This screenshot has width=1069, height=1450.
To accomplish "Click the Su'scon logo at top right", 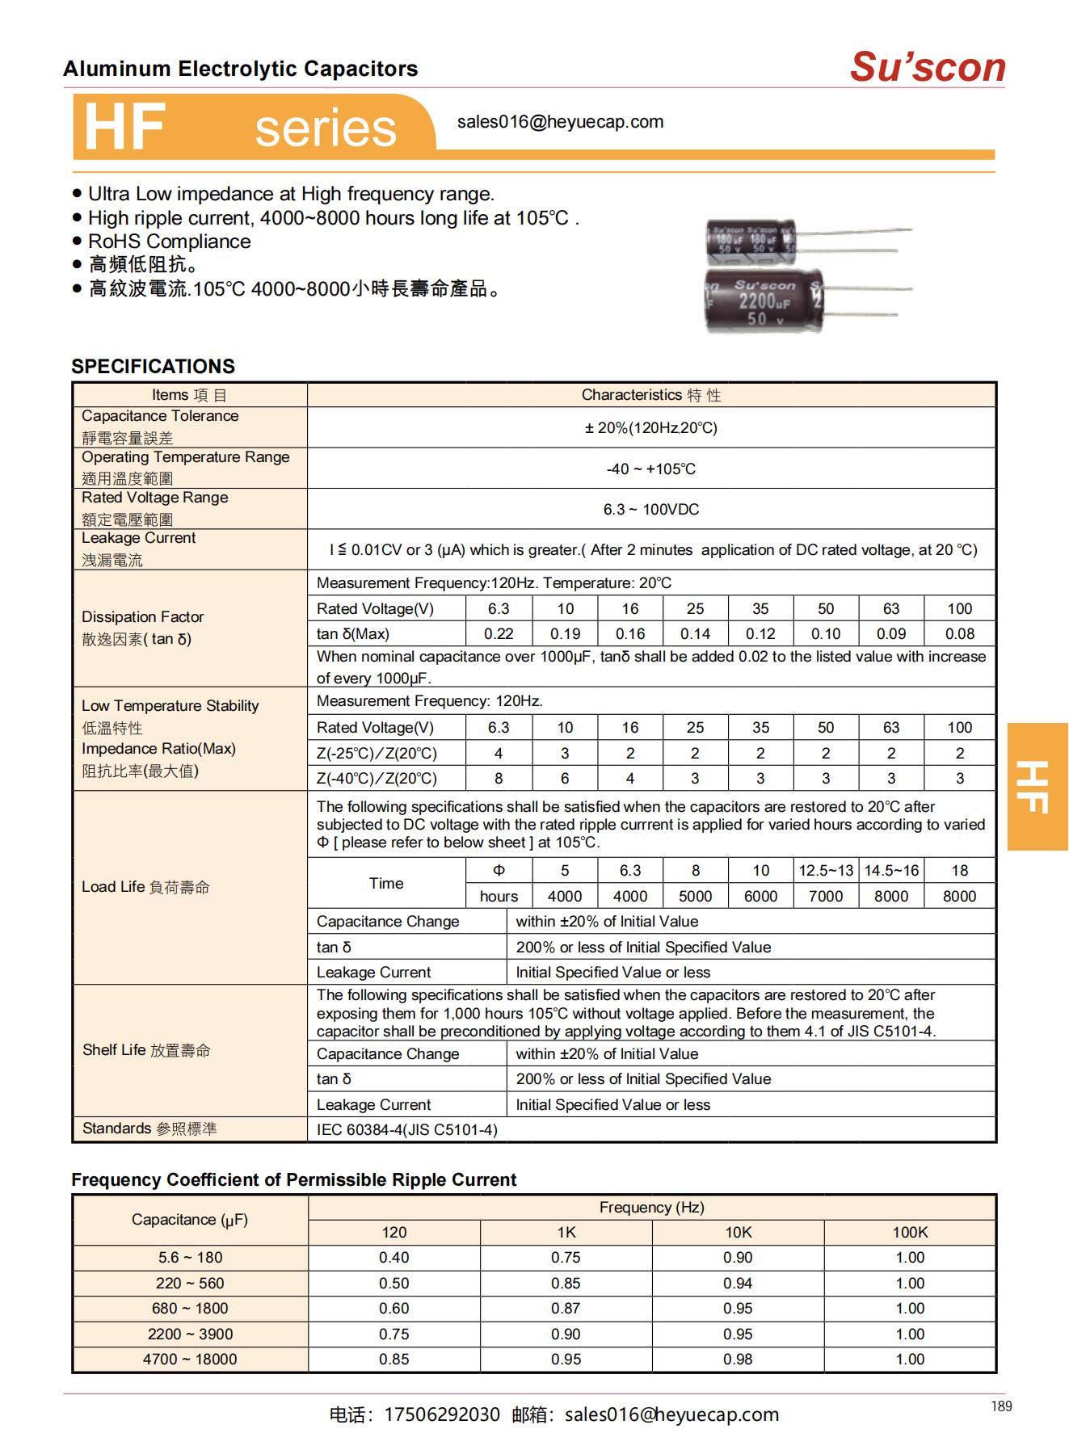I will coord(928,67).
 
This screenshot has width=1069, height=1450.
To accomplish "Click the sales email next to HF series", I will coord(560,122).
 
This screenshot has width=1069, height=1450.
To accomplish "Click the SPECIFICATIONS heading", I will coord(153,366).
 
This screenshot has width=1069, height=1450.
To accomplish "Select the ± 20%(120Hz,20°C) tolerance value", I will coord(650,427).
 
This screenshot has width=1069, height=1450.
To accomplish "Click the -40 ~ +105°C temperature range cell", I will coord(650,469).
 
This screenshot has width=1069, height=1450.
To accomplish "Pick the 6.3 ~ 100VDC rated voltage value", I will coord(650,509).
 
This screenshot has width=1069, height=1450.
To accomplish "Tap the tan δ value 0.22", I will coord(499,634).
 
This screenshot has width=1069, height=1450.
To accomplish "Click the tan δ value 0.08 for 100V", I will coord(959,634).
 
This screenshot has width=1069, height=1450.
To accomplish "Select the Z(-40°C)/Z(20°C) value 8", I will coord(499,779).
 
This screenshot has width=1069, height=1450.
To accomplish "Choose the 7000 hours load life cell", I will coord(825,896).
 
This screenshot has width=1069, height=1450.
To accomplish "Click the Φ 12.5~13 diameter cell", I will coord(825,870).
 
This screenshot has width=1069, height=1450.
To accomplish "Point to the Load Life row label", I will coord(145,887).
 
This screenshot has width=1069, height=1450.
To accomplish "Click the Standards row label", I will coord(149,1128).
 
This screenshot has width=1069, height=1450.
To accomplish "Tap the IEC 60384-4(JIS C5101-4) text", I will coord(406,1129).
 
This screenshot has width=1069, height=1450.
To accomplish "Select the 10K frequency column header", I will coord(738,1232).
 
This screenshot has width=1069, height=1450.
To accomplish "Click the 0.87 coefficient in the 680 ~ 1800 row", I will coord(566,1309).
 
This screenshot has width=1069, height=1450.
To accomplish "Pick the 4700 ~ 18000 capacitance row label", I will coord(190,1360).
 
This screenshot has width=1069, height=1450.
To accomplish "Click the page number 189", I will coord(1000,1406).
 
